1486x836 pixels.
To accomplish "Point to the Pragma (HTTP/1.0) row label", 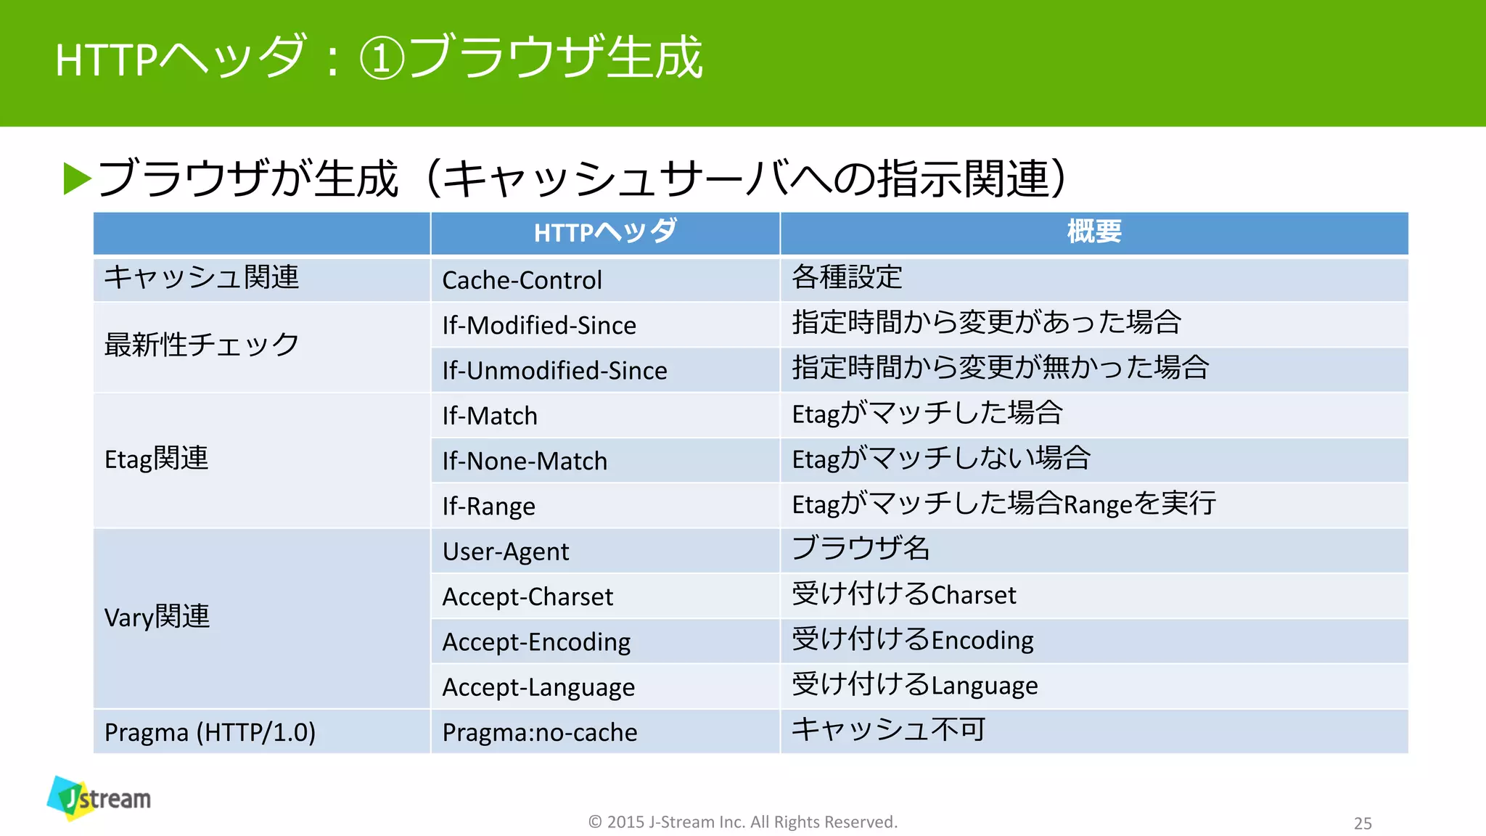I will pos(210,732).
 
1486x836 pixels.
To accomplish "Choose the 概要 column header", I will pos(1093,232).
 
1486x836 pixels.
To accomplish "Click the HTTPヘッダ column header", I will pos(605,232).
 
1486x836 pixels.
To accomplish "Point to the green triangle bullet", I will pos(78,179).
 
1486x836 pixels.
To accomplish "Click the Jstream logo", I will pos(99,798).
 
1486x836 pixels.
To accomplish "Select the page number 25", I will pos(1363,823).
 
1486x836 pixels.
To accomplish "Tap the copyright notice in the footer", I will pos(742,821).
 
